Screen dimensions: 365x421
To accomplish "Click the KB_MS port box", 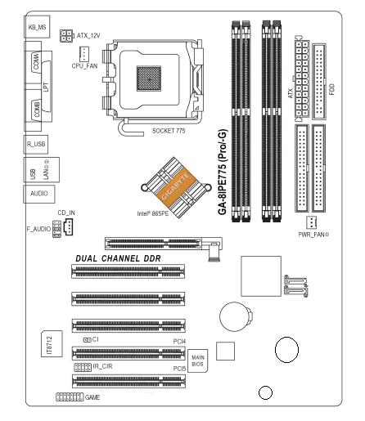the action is coord(37,27).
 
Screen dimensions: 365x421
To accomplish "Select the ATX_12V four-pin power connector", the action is coord(66,36).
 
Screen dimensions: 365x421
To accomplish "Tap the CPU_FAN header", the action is coord(84,54).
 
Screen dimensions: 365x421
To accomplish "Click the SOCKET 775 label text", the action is coord(169,131).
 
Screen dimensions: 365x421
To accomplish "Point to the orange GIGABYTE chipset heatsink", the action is coord(176,187).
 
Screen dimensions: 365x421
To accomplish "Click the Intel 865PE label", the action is coord(153,213).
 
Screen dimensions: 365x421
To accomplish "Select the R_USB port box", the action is coord(36,144).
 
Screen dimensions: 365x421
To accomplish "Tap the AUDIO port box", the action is coord(39,194).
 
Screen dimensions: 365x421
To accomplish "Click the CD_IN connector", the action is coord(69,226).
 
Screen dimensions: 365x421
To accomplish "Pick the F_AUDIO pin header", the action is coord(56,229).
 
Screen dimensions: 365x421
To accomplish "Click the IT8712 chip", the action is coord(52,343).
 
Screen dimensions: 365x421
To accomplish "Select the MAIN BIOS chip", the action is coord(198,361).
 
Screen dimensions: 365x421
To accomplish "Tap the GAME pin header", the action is coord(70,396).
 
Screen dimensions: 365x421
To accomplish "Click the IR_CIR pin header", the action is coord(83,367).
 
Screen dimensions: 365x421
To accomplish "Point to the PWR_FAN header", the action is coord(311,222).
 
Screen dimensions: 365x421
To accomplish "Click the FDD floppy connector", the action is coord(319,81).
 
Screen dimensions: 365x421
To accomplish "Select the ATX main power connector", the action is coord(302,78).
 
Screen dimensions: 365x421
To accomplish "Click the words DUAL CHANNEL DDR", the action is coord(118,258).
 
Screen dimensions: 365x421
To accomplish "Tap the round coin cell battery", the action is coord(236,316).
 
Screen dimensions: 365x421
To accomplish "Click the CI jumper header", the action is coord(87,340).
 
